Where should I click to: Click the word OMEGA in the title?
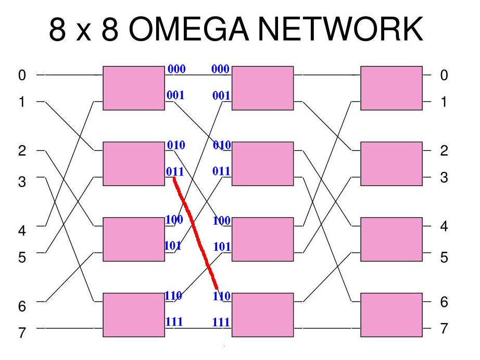(x=188, y=29)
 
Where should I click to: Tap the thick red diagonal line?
(x=195, y=233)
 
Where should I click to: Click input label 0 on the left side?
(x=22, y=75)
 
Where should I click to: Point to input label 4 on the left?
(x=22, y=230)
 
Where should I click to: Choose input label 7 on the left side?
(x=22, y=332)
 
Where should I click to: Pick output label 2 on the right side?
(x=444, y=151)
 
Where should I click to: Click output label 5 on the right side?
(x=444, y=257)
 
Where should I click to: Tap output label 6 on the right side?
(x=444, y=302)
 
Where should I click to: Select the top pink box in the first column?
(x=134, y=88)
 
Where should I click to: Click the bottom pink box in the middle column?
(x=263, y=315)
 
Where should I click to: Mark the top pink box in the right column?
(x=391, y=88)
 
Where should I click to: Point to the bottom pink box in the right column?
(x=391, y=315)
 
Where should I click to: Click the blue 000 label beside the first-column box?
(x=176, y=69)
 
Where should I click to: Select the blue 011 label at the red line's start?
(x=175, y=171)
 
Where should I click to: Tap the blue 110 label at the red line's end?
(x=222, y=296)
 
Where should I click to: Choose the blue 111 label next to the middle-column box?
(x=221, y=322)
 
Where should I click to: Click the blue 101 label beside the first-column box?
(x=173, y=245)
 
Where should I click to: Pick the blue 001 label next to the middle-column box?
(x=221, y=95)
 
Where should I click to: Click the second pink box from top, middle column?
(x=263, y=164)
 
